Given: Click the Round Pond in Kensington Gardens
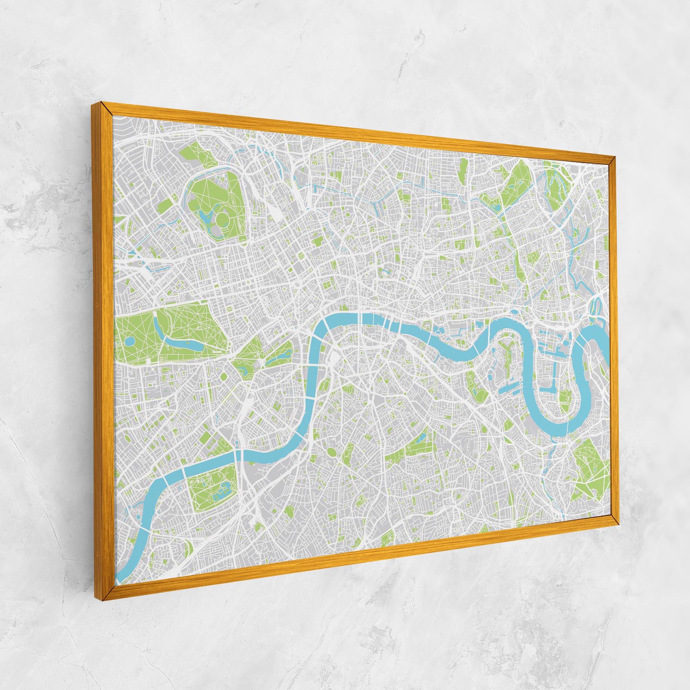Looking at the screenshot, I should click(130, 342).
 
